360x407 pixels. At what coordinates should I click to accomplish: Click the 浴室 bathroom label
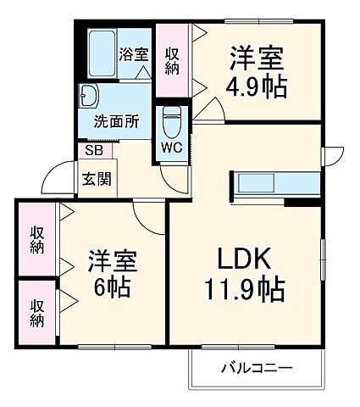click(133, 53)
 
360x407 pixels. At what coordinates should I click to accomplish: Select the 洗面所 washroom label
click(116, 120)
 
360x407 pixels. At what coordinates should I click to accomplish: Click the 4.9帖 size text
click(256, 87)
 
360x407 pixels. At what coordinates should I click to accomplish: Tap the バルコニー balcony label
click(256, 367)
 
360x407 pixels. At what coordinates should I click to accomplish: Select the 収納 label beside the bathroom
click(173, 61)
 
